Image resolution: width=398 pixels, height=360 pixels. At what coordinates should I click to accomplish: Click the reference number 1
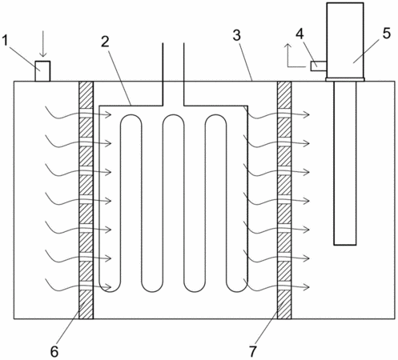click(5, 41)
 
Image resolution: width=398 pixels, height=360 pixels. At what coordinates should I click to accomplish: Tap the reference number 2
click(105, 42)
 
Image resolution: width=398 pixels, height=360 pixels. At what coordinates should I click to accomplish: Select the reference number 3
click(236, 35)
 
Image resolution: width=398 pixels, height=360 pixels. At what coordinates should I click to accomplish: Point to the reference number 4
click(300, 34)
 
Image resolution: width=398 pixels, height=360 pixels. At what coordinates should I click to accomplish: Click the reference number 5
click(387, 34)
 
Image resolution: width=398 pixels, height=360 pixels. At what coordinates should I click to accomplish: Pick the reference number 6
click(54, 352)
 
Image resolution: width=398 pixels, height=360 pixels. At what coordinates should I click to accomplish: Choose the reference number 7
click(253, 351)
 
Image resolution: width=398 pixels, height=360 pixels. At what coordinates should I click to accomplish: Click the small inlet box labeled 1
click(42, 71)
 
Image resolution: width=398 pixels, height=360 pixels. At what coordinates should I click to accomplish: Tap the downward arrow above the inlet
click(42, 48)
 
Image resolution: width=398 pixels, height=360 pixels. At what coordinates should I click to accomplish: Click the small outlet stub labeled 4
click(319, 66)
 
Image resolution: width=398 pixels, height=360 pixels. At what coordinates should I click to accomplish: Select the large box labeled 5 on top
click(345, 40)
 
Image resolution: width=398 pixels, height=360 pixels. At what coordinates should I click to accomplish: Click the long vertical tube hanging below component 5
click(345, 163)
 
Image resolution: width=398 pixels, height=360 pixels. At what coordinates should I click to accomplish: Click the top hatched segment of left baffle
click(86, 95)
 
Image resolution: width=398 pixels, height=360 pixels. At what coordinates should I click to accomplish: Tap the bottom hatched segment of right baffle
click(284, 304)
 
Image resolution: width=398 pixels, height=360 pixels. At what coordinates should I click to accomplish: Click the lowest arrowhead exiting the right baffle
click(307, 287)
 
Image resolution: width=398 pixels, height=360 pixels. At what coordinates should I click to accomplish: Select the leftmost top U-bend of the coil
click(131, 115)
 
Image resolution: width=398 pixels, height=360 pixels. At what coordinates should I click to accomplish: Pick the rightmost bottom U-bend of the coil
click(237, 290)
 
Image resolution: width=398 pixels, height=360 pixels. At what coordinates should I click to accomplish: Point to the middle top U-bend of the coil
click(174, 115)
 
